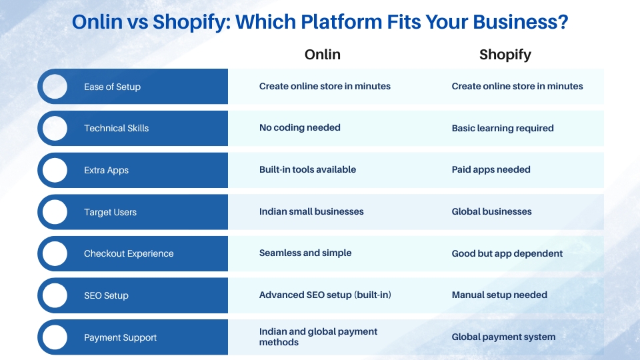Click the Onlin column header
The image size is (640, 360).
click(x=323, y=54)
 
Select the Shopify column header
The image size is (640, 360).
click(x=505, y=55)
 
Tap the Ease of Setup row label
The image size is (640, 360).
click(x=112, y=87)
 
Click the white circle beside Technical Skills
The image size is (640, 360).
click(x=55, y=128)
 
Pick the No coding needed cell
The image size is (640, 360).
click(x=299, y=128)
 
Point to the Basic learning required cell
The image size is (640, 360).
click(x=503, y=128)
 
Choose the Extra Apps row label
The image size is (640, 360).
click(x=106, y=170)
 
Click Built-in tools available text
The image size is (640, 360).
click(x=307, y=169)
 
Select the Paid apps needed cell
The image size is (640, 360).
click(x=491, y=169)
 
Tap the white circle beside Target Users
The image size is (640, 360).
click(x=55, y=212)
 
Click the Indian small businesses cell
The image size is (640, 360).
click(x=311, y=211)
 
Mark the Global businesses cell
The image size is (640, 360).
click(x=491, y=211)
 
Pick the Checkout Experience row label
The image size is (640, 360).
click(x=129, y=253)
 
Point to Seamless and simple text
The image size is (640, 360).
click(x=305, y=253)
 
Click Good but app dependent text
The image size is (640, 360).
click(x=507, y=253)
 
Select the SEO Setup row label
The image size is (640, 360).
click(x=106, y=295)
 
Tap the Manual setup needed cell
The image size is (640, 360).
click(x=499, y=295)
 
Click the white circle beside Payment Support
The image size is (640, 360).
click(x=55, y=337)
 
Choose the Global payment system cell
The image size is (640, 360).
click(x=503, y=337)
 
